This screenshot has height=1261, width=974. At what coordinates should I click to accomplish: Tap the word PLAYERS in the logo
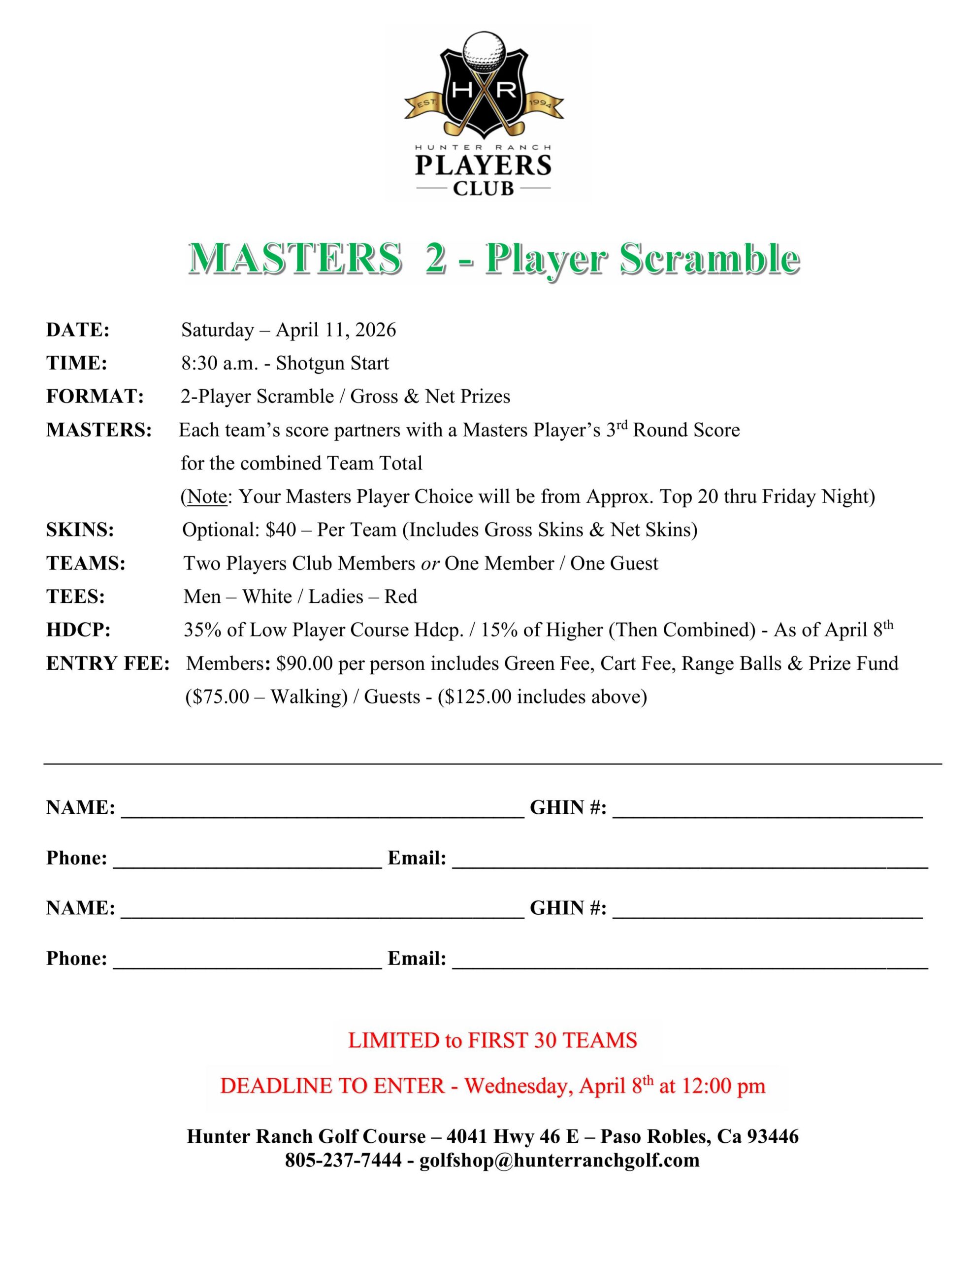(483, 166)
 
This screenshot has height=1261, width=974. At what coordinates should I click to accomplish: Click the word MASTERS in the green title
(295, 258)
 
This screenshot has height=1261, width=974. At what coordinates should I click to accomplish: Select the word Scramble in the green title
(710, 258)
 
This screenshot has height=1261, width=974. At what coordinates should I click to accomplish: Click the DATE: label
(78, 330)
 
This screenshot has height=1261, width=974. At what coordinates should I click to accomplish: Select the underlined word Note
(206, 497)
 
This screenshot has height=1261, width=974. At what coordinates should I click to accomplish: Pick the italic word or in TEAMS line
(429, 564)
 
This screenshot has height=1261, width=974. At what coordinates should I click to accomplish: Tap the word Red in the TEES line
(401, 597)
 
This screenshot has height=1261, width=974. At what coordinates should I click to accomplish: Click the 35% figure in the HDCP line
(203, 630)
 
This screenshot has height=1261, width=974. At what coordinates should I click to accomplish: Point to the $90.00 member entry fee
(304, 664)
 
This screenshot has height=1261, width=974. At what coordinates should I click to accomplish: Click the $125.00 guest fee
(479, 697)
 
